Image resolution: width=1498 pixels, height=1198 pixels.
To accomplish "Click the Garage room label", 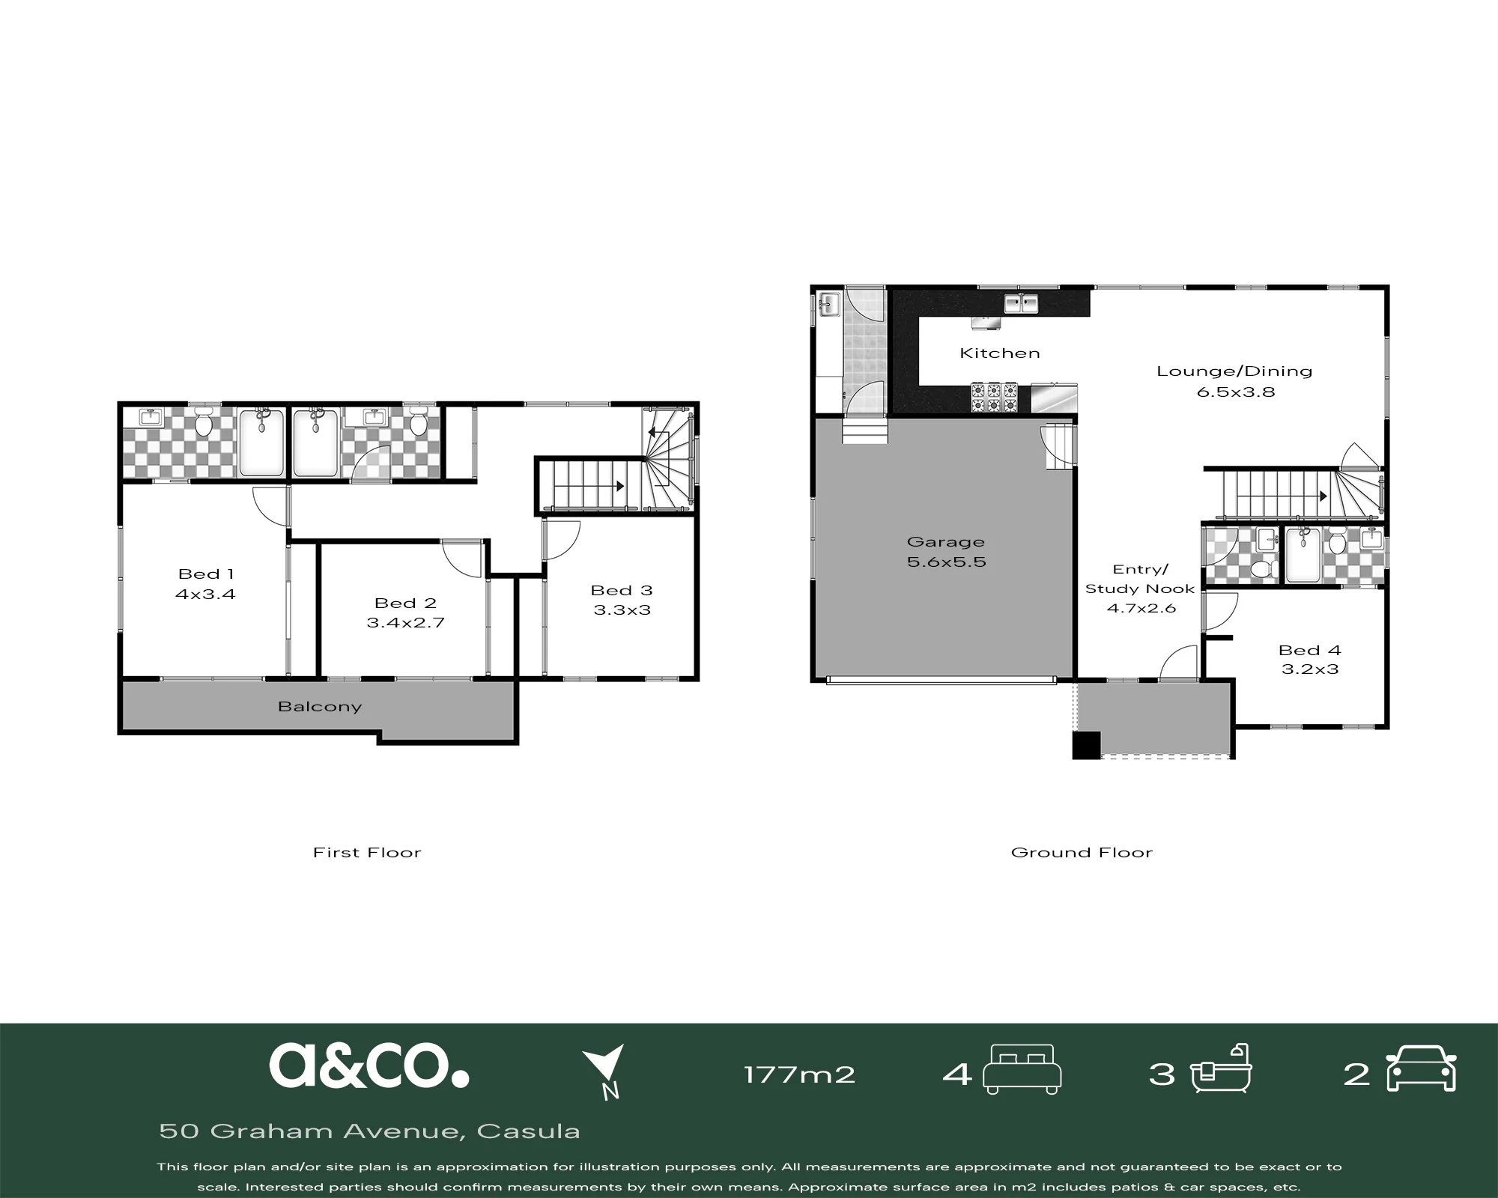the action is tap(945, 541).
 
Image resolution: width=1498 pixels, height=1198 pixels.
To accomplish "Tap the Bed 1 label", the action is tap(206, 574).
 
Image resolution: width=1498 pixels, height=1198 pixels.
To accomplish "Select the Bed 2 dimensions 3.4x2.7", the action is tap(405, 622).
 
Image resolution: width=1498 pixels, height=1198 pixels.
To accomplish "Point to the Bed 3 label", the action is tap(622, 591).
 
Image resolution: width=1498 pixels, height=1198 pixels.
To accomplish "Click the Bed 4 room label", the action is tap(1310, 650).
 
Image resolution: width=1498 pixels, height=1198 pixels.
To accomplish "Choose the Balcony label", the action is tap(320, 707).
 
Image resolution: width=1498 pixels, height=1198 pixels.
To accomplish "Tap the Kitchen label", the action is tap(1000, 353).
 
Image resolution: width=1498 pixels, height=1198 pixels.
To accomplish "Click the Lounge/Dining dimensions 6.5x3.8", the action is tap(1236, 392).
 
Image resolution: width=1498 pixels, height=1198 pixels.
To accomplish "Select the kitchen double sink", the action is tap(1021, 303).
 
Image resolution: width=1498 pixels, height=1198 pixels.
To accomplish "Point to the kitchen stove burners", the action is tap(995, 398).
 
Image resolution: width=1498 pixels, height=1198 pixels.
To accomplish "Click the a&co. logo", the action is tap(369, 1065).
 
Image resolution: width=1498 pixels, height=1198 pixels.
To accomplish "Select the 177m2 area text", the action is tap(799, 1075).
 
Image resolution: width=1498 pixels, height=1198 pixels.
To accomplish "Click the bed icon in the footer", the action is tap(1022, 1070).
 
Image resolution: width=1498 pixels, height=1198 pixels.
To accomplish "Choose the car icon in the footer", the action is tap(1422, 1068).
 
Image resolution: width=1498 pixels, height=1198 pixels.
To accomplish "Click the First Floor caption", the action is tap(367, 852).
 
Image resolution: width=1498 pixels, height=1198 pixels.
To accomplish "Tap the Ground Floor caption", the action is tap(1082, 852).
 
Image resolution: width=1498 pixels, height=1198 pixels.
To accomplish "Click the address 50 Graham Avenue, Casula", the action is tap(370, 1131).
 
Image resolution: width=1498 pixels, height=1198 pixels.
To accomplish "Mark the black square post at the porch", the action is tap(1086, 745).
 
